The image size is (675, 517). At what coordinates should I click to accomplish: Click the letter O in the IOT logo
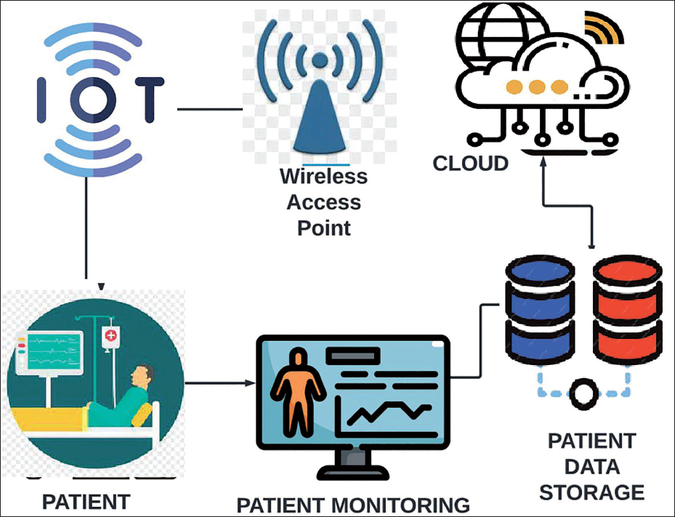tap(94, 100)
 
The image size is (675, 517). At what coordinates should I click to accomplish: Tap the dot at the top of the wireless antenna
tap(320, 60)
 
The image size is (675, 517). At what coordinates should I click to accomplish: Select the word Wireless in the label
tap(324, 176)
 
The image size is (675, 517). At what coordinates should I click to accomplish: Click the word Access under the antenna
tap(324, 202)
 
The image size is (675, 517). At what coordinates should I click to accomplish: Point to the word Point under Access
tap(324, 228)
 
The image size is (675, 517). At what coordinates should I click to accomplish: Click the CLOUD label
tap(471, 164)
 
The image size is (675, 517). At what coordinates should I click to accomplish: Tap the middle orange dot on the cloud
tap(537, 87)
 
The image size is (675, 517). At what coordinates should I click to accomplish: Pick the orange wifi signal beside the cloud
tap(602, 28)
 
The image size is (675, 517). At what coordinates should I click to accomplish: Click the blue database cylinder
tap(540, 309)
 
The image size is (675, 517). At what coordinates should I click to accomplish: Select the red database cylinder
tap(627, 309)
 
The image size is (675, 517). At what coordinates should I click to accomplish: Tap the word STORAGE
tap(591, 492)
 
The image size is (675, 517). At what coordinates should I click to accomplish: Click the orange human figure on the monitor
tap(297, 393)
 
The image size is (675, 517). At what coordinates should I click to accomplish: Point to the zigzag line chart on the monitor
tap(389, 413)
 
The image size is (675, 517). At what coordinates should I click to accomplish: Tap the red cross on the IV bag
tap(110, 334)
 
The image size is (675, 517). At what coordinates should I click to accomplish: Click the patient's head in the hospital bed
tap(142, 376)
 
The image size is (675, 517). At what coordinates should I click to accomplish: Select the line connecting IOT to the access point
tap(210, 109)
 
